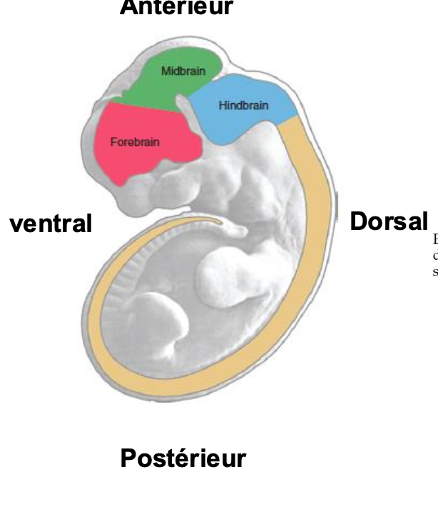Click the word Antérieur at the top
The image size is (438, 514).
click(176, 7)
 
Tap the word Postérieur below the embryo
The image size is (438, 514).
click(183, 458)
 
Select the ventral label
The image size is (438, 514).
click(51, 224)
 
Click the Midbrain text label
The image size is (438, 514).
click(178, 71)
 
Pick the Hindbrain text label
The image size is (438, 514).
click(243, 105)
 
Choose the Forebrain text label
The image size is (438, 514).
click(135, 142)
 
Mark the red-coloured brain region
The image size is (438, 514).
click(143, 153)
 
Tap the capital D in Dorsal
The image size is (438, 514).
click(358, 221)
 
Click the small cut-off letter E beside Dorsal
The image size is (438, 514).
click(435, 240)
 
